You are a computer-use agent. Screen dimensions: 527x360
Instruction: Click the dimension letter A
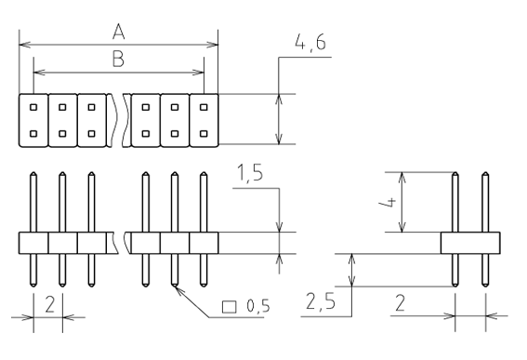[x=119, y=33]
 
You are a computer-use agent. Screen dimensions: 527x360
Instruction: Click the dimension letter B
[x=118, y=59]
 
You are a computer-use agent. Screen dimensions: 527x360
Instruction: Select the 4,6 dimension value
[x=310, y=43]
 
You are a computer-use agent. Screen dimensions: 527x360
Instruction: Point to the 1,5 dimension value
[x=250, y=173]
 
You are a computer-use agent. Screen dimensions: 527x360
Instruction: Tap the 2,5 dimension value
[x=321, y=301]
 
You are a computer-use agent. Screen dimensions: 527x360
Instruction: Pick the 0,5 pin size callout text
[x=258, y=306]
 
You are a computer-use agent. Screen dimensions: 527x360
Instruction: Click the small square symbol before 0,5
[x=230, y=307]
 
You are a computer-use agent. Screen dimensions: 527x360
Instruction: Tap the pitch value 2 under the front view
[x=50, y=304]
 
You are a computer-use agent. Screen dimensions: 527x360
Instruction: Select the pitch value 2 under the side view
[x=400, y=303]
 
